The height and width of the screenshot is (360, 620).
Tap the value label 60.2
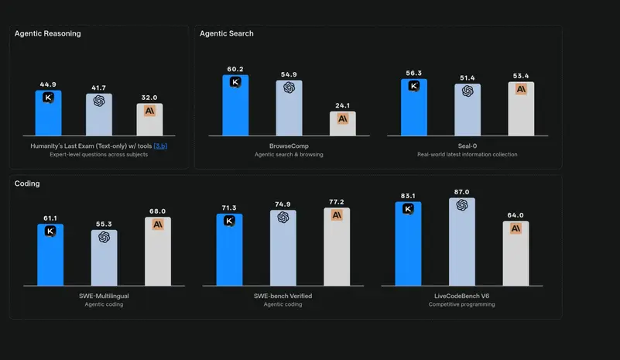tap(235, 69)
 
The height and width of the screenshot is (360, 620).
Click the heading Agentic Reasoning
tap(48, 33)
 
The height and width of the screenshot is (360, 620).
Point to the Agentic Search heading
tap(227, 33)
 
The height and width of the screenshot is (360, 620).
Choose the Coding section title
tap(27, 183)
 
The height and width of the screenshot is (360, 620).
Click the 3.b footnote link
tap(161, 146)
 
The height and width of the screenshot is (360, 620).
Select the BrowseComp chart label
tap(289, 146)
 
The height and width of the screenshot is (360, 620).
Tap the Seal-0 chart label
tap(468, 146)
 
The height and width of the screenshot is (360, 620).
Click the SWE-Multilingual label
tap(104, 296)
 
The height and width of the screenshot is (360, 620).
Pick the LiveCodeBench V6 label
tap(462, 296)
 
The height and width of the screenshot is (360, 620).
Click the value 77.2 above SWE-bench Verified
tap(337, 201)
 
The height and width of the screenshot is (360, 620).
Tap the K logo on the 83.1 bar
tap(408, 208)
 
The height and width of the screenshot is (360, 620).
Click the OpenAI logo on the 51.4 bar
tap(468, 91)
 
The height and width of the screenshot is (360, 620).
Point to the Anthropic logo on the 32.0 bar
tap(149, 110)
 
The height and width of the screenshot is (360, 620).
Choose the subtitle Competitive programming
tap(462, 304)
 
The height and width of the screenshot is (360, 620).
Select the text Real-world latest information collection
tap(468, 154)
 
